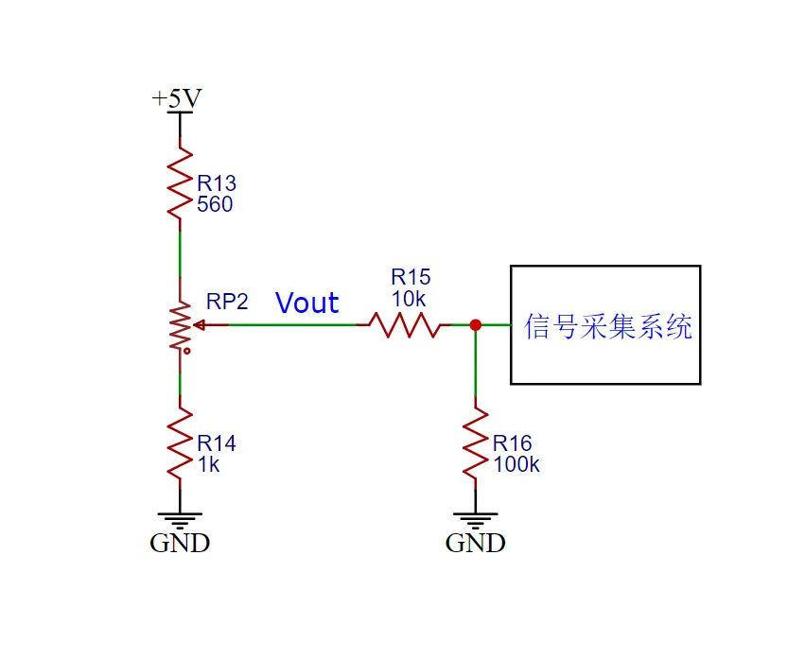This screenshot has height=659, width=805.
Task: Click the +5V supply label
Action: coord(177,98)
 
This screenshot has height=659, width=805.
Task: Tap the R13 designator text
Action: coord(217,182)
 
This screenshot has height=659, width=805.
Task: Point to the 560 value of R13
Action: coord(214,203)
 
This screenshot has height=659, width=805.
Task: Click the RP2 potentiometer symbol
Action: coord(180,326)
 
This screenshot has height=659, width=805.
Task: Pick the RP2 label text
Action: coord(227,303)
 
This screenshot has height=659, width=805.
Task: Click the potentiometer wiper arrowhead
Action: coord(198,325)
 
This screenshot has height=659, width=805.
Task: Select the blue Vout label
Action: coord(307,303)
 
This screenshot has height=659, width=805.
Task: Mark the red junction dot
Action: coord(475,325)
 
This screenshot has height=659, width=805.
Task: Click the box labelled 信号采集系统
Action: coord(605,325)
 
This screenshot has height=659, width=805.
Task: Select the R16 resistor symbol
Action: coord(475,442)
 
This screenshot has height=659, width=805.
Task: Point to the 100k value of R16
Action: coord(516,464)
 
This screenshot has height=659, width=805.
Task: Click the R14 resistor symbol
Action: coord(180,442)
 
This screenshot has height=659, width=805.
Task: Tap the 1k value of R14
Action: coord(208,464)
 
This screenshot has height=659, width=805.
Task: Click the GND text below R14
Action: coord(180,544)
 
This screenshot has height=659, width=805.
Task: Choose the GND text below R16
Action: coord(475,544)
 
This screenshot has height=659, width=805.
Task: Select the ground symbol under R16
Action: coord(475,519)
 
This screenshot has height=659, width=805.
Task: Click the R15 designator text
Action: coord(411,277)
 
